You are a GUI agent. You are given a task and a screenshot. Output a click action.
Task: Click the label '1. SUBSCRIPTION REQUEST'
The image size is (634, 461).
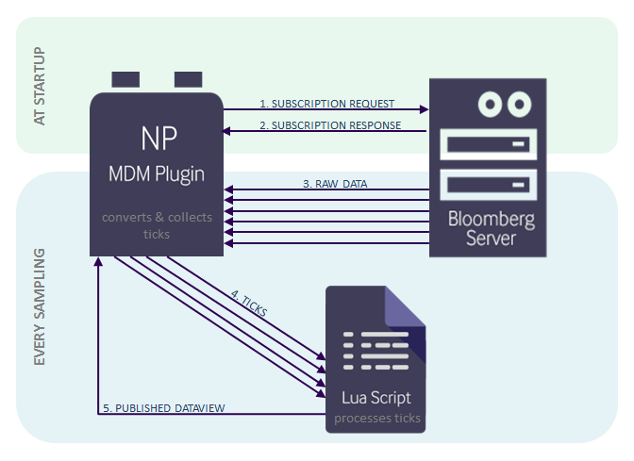click(326, 104)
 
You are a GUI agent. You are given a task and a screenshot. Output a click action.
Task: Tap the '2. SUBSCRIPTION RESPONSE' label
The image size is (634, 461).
click(329, 125)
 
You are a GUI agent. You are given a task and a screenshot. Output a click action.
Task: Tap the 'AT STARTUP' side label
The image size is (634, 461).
click(39, 87)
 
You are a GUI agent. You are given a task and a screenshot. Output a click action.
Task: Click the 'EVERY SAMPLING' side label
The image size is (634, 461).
click(39, 307)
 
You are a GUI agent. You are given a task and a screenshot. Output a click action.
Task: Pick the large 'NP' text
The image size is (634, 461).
click(157, 139)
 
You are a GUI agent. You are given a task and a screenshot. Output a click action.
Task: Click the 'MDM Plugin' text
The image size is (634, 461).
click(157, 175)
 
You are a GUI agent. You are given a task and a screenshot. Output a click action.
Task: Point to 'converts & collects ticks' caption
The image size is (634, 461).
click(157, 225)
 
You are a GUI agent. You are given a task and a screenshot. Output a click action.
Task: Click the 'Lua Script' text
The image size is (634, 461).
click(376, 397)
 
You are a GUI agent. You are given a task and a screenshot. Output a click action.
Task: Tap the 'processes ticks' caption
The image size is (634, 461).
click(376, 418)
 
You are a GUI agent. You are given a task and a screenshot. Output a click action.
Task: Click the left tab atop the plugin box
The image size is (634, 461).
click(126, 78)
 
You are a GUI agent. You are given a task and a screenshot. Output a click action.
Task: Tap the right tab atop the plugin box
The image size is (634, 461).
click(188, 78)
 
